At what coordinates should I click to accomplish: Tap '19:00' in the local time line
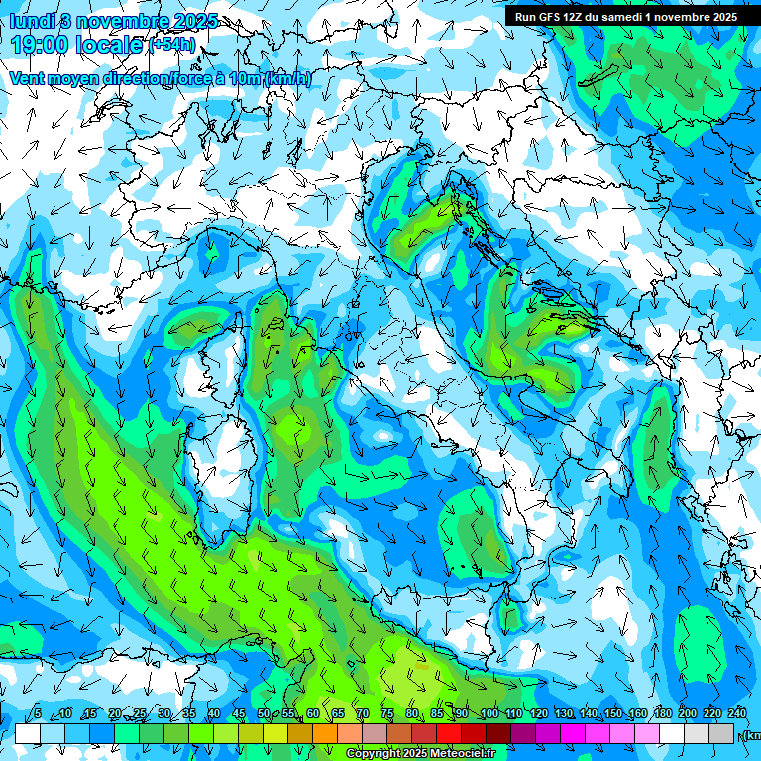[x=40, y=45]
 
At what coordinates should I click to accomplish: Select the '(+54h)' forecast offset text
[x=172, y=45]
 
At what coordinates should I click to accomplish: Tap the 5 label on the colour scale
[x=38, y=713]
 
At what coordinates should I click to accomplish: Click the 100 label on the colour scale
[x=489, y=713]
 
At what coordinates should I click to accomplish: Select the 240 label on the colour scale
[x=737, y=713]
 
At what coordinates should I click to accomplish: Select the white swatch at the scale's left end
[x=27, y=733]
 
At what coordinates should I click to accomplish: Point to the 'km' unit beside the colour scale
[x=753, y=734]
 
